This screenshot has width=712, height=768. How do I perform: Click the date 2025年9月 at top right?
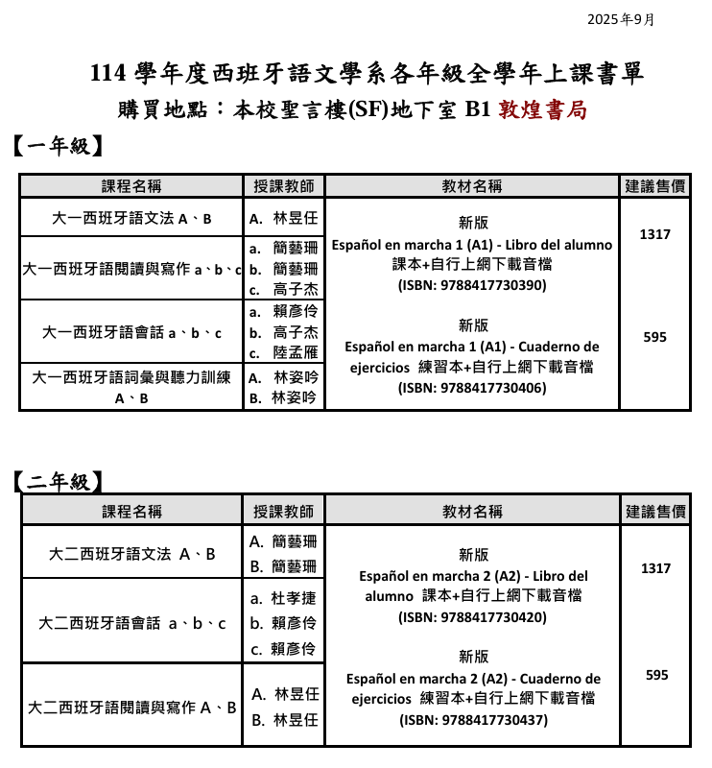(620, 19)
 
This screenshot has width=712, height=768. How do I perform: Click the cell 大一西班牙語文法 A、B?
(131, 218)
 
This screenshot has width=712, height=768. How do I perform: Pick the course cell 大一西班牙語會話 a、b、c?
(131, 332)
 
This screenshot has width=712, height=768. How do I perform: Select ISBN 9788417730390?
(472, 285)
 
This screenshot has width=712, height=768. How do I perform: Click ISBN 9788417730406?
(472, 388)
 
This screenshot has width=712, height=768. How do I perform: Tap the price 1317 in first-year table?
(655, 234)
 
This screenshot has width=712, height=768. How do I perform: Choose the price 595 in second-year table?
(656, 675)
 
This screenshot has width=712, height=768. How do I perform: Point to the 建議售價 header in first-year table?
(655, 185)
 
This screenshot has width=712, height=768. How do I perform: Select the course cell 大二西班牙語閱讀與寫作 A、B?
(131, 708)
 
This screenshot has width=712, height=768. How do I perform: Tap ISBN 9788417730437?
(473, 720)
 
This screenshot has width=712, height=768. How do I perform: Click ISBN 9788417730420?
(473, 617)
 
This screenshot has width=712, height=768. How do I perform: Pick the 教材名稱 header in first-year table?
(472, 186)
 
